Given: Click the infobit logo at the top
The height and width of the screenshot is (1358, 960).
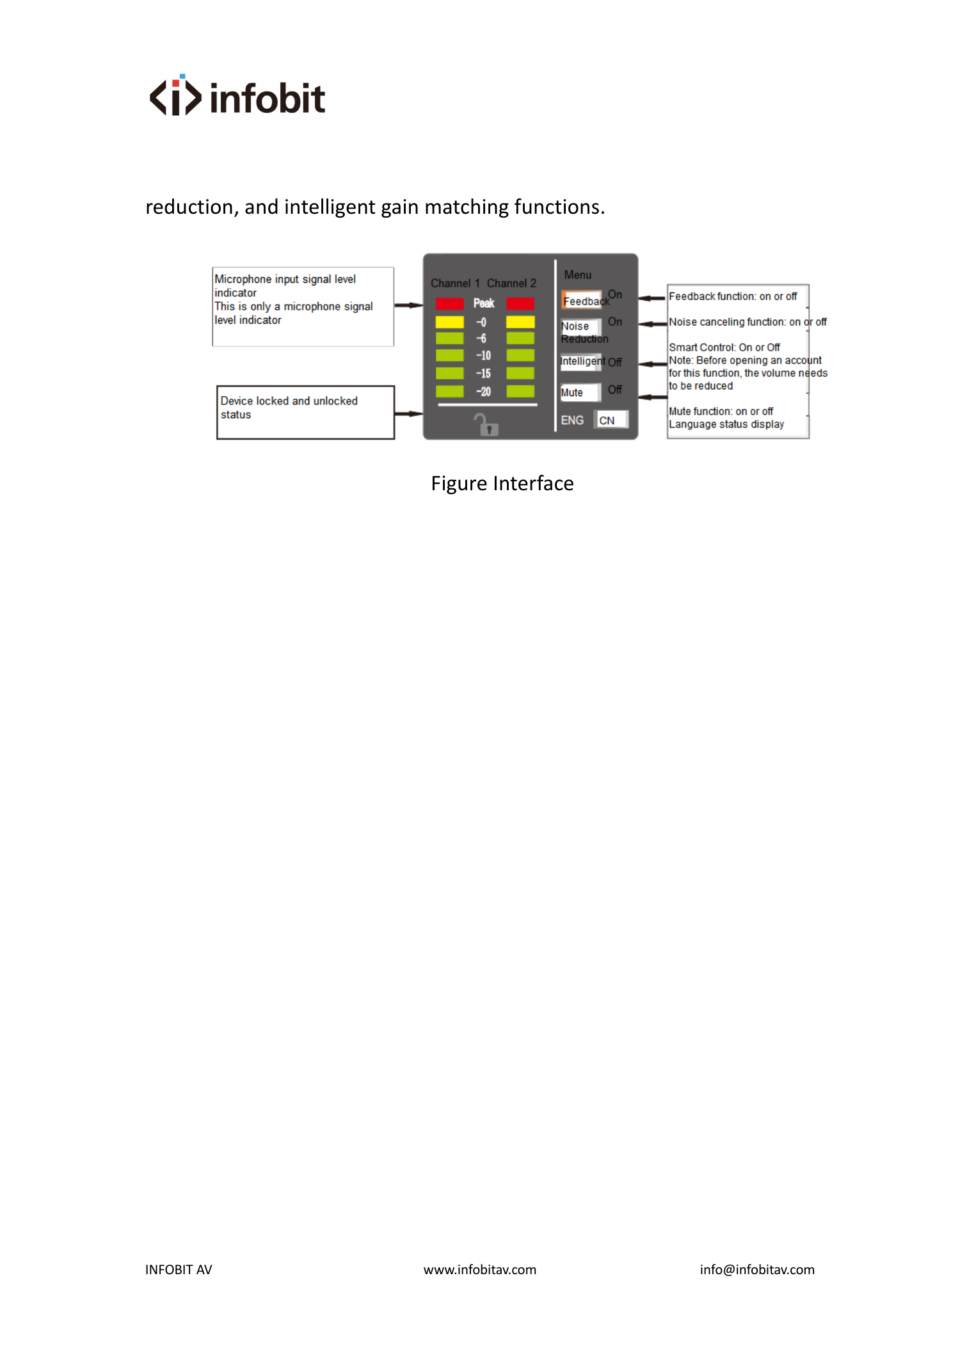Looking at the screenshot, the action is tap(237, 96).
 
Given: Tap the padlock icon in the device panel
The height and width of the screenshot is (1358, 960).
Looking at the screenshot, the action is tap(486, 424).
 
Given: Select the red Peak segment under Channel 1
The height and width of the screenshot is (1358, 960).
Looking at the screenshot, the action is tap(449, 303).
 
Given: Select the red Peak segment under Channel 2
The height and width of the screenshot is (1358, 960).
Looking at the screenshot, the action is tap(520, 303).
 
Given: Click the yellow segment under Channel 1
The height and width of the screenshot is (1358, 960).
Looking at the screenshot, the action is tap(449, 321).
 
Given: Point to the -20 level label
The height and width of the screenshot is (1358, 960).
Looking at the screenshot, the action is tap(483, 392).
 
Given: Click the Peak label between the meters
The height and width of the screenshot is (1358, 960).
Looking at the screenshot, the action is tap(484, 303).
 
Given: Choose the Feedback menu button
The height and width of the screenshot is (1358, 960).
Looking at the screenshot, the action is tap(582, 300).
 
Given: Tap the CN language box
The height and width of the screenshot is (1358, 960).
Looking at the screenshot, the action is tap(611, 420).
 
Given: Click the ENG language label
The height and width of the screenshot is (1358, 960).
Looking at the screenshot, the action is tap(572, 420).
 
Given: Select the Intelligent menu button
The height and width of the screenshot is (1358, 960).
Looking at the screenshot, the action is tap(581, 362).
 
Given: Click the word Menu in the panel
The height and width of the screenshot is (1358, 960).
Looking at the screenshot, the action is tap(578, 275).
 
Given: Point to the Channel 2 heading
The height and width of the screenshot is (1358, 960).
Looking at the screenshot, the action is tap(511, 283).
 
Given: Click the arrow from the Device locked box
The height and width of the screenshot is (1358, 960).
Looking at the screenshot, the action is tap(408, 414).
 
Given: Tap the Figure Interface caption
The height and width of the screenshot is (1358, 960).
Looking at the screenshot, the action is tap(502, 483).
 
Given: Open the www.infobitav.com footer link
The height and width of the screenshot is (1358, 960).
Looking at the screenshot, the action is tap(480, 1270).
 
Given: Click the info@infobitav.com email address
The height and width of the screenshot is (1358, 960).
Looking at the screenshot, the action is tap(757, 1270).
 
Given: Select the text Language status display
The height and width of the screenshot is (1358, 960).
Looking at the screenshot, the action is tap(726, 424).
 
